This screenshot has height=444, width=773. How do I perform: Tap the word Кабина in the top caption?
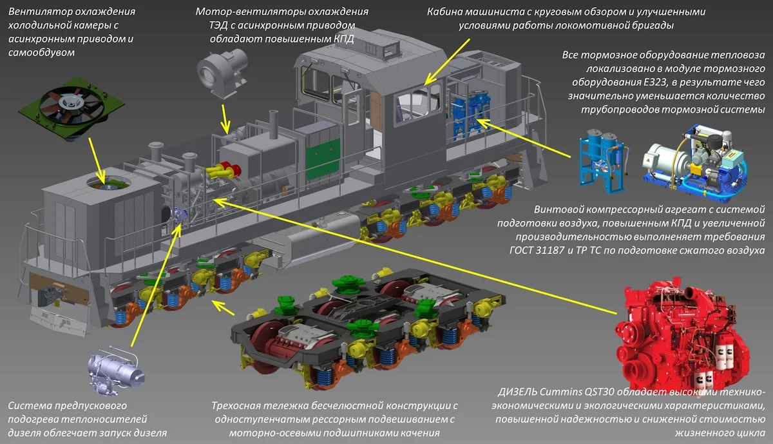(x=448, y=12)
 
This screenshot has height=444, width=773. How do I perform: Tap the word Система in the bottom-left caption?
(x=31, y=406)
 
